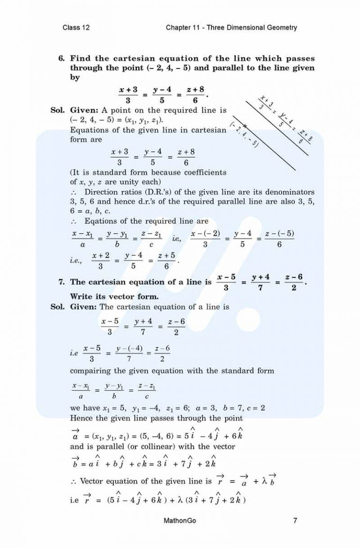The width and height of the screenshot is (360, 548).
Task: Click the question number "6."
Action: point(61,59)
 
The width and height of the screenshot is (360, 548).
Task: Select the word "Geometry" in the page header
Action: point(280,28)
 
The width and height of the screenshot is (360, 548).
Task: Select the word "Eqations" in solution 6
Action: point(98,221)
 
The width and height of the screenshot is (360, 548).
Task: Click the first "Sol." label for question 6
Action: point(58,110)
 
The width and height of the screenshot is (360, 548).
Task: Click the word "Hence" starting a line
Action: point(81,418)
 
